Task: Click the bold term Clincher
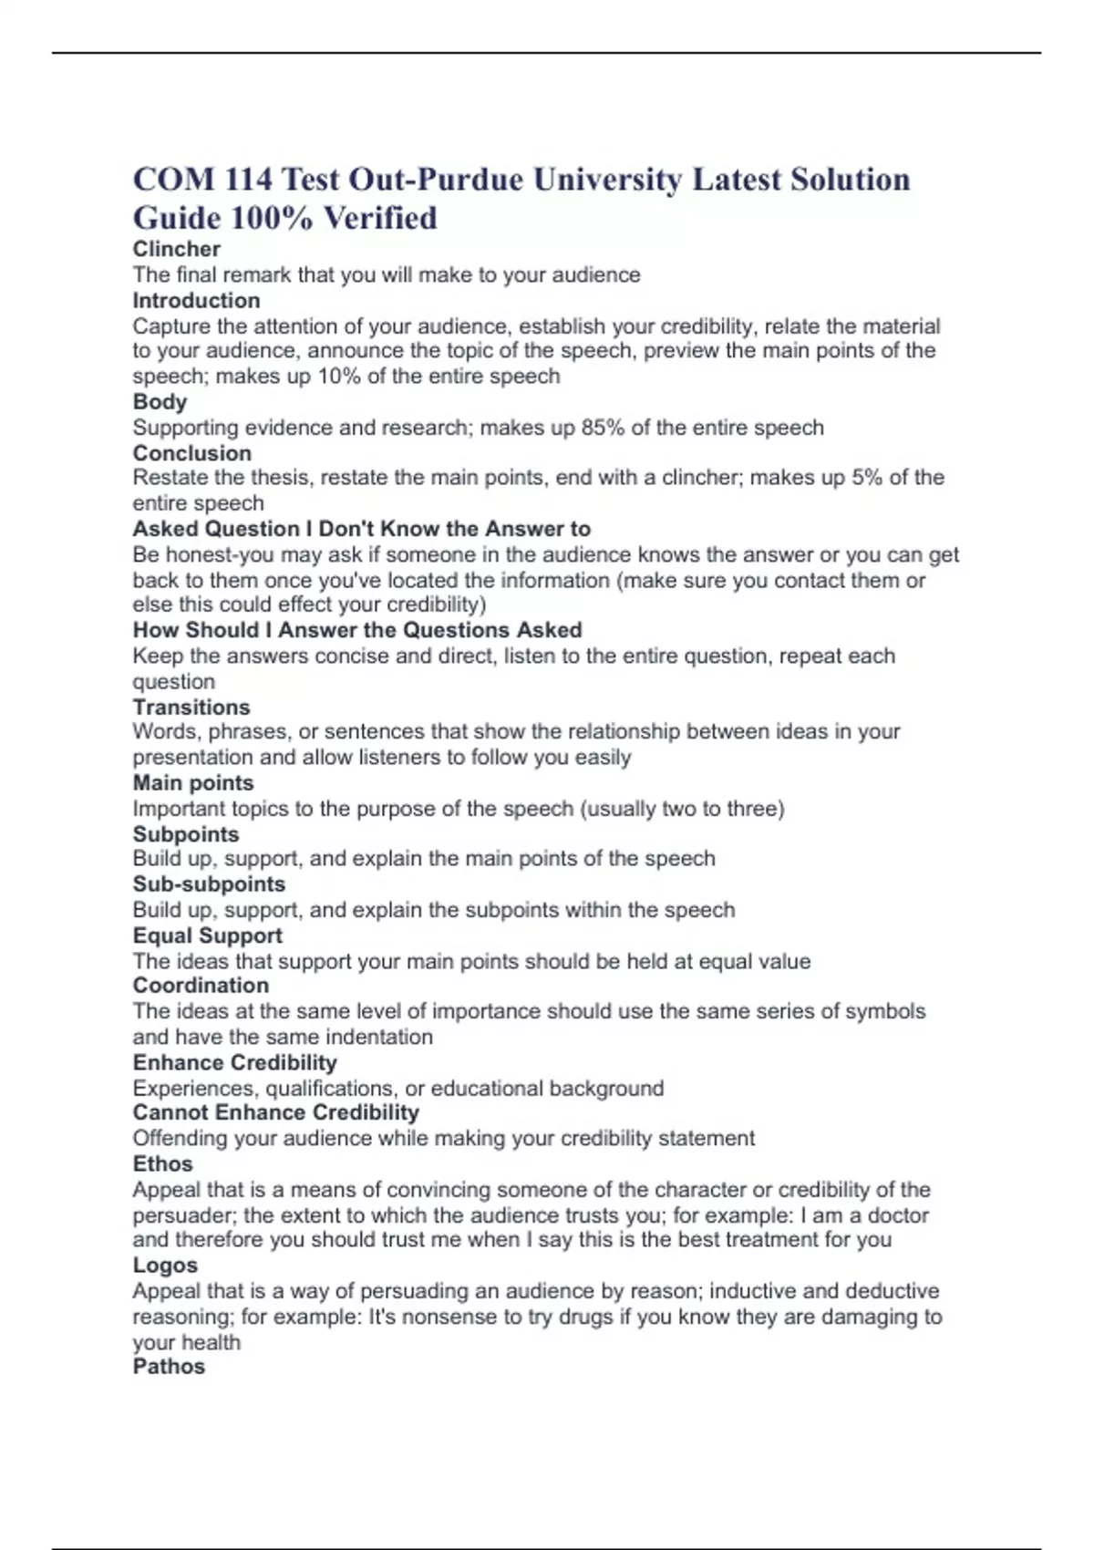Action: (x=176, y=249)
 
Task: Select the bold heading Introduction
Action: (x=196, y=301)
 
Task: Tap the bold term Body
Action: (x=160, y=402)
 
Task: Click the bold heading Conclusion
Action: (x=191, y=453)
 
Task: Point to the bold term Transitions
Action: (x=191, y=708)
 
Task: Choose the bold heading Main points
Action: (x=193, y=783)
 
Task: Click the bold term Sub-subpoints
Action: (x=209, y=884)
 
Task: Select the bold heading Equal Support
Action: (x=207, y=935)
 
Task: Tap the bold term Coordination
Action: (x=201, y=986)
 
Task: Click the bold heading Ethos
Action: (x=162, y=1164)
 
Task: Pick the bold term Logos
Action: (x=165, y=1266)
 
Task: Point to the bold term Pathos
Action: (x=169, y=1367)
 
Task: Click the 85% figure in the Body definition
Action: (x=603, y=428)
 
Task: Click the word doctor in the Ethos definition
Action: (x=898, y=1215)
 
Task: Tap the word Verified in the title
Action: (x=380, y=219)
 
